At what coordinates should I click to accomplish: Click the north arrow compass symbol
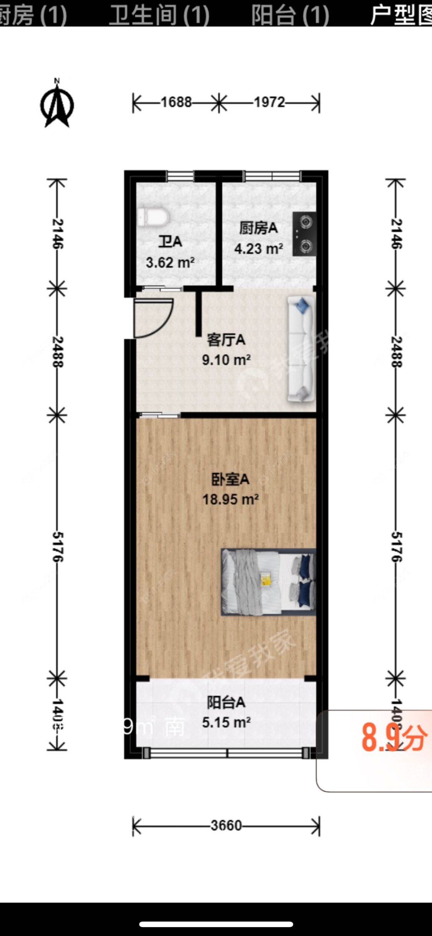[57, 105]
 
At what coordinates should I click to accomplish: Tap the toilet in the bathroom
[153, 218]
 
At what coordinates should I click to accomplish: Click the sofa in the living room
[301, 349]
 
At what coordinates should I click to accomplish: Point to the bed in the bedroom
[268, 582]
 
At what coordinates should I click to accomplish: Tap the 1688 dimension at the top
[176, 102]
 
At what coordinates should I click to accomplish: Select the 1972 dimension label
[269, 102]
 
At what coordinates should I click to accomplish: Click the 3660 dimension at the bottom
[226, 826]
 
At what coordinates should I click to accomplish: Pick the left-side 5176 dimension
[58, 546]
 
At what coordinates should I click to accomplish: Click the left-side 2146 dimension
[58, 233]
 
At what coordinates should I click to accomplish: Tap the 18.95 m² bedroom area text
[230, 499]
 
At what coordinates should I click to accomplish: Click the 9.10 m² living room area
[226, 360]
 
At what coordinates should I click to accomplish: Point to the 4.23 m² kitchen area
[259, 249]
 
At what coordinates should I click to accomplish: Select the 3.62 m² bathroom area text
[170, 263]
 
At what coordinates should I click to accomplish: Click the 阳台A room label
[226, 703]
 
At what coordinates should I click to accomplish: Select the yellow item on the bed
[265, 579]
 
